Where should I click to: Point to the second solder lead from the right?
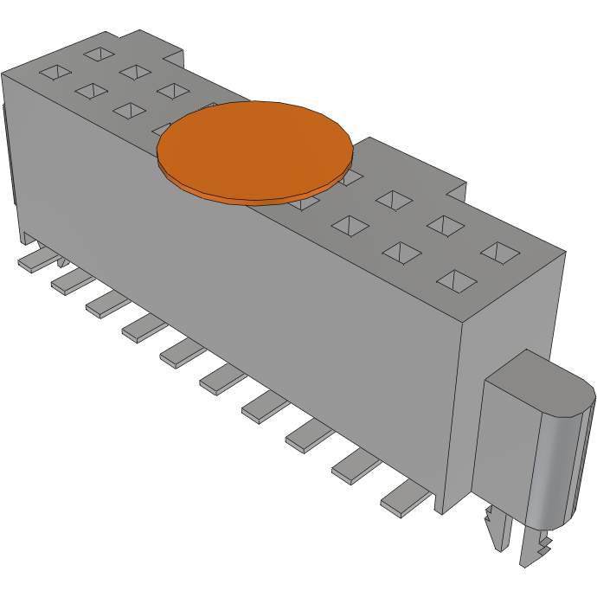click(x=356, y=466)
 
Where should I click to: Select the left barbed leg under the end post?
click(x=495, y=528)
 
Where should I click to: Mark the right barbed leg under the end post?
click(x=535, y=549)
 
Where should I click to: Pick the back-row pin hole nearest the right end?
click(x=499, y=253)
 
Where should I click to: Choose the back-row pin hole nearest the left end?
click(x=98, y=54)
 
